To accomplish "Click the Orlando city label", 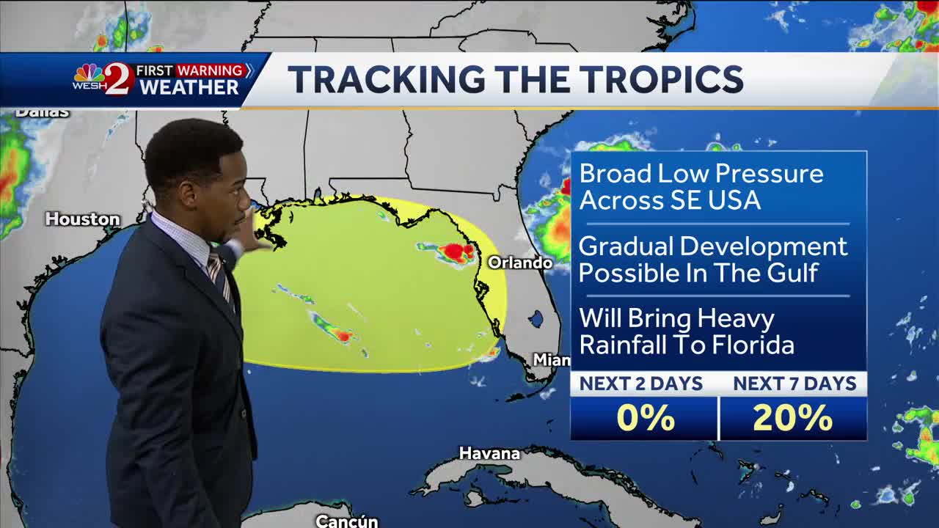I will click(x=520, y=263).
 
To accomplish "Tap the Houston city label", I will click(x=82, y=219).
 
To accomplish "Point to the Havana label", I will click(x=489, y=453).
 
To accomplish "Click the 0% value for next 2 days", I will click(x=645, y=418).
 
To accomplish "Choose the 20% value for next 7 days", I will click(x=793, y=418).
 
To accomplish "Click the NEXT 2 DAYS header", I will click(x=641, y=384).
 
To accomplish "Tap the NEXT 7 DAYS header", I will click(x=794, y=384).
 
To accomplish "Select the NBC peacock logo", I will click(x=88, y=73).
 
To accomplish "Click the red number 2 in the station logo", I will click(x=118, y=79).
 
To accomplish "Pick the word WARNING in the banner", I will click(x=210, y=70).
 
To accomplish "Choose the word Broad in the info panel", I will click(x=615, y=174).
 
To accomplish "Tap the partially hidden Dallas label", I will click(x=43, y=113).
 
